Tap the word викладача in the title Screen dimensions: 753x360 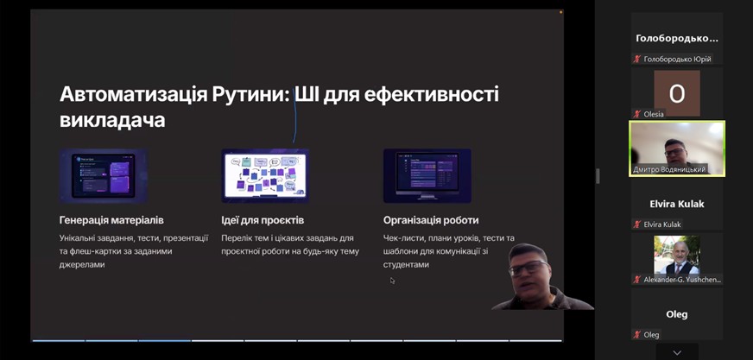tap(112, 120)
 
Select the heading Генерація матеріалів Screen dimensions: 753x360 tap(111, 220)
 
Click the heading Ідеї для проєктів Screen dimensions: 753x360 tap(263, 220)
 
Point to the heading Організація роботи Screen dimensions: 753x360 tap(431, 220)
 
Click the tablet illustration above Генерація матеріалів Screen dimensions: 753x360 tap(104, 175)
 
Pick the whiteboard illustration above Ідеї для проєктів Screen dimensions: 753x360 tap(265, 175)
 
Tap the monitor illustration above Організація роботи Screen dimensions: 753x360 tap(427, 175)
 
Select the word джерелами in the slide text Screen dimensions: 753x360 tap(82, 264)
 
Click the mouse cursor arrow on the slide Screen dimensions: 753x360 tap(392, 281)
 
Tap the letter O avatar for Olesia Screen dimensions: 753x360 tap(677, 93)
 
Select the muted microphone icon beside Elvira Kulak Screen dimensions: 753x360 tap(637, 224)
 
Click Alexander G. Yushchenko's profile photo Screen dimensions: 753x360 tap(677, 255)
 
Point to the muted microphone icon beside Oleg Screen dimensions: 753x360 tap(637, 335)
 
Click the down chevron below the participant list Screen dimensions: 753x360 tap(677, 353)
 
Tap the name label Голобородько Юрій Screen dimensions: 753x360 tap(677, 59)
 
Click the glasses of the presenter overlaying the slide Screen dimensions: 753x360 tap(528, 268)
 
